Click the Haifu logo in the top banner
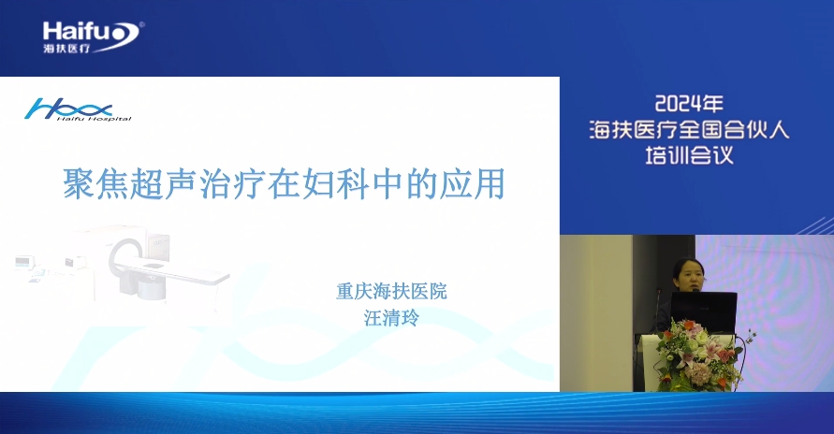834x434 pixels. [x=93, y=37]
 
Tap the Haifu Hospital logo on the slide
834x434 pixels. [x=78, y=109]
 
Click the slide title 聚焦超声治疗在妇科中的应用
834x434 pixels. [x=284, y=184]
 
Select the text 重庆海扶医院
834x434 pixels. [x=391, y=292]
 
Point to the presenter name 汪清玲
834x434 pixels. [x=391, y=318]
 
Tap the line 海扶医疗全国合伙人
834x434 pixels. [x=689, y=130]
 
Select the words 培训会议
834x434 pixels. [x=689, y=155]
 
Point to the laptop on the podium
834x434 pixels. [x=703, y=311]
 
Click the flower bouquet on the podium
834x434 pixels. [x=698, y=354]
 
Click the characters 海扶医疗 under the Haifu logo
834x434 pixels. [x=66, y=49]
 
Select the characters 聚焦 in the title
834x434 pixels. [x=95, y=184]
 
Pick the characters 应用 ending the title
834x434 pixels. [x=473, y=184]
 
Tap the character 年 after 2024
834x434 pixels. [x=712, y=104]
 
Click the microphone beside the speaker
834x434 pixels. [x=660, y=304]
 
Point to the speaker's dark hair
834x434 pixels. [x=688, y=266]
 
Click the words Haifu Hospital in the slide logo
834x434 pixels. [x=95, y=119]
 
